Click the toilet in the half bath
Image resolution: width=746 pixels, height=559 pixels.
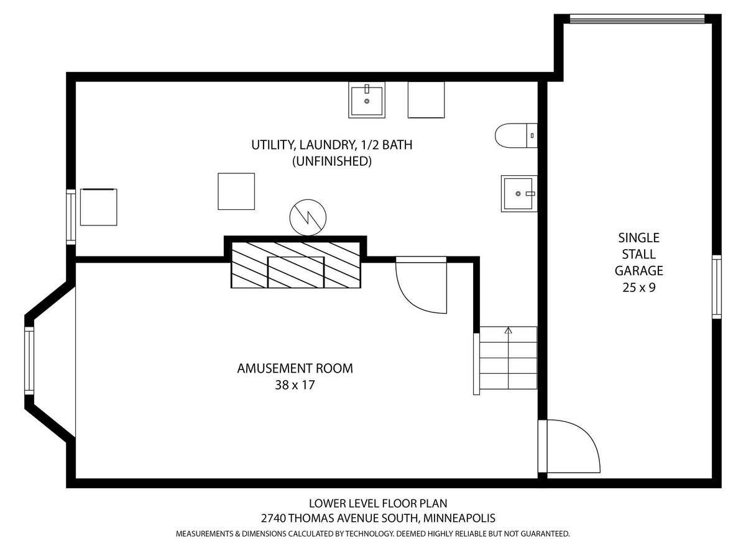[x=516, y=135]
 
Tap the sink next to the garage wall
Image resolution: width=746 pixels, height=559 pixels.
[x=519, y=193]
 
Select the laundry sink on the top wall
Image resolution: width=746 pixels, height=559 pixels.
[x=367, y=100]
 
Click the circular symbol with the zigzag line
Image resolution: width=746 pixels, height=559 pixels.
[x=308, y=217]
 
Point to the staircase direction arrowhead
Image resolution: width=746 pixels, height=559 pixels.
[x=509, y=330]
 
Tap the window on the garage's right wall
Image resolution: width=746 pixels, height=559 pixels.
[x=716, y=287]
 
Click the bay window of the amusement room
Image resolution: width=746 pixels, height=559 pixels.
[x=29, y=360]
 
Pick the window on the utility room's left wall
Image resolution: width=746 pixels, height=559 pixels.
[x=71, y=217]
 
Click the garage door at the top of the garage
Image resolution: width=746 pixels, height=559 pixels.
[x=637, y=19]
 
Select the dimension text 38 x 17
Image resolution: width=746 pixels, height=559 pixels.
[x=295, y=385]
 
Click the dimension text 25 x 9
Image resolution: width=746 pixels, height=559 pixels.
[x=639, y=288]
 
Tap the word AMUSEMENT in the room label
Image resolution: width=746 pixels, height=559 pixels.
[x=275, y=368]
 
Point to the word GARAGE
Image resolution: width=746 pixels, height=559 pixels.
[x=639, y=271]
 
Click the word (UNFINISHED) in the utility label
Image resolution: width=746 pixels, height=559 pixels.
[x=332, y=161]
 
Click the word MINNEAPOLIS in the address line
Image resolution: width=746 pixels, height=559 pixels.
[x=459, y=518]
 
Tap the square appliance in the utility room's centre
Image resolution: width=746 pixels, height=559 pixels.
[x=236, y=191]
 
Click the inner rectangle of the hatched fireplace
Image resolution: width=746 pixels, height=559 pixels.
[x=296, y=272]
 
